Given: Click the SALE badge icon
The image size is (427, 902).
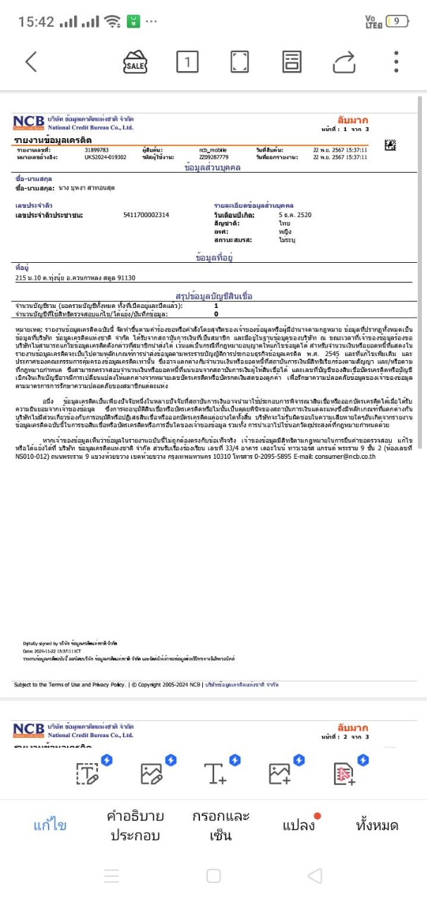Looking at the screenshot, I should tap(135, 62).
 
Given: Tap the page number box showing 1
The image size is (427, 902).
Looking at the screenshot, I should tap(187, 62).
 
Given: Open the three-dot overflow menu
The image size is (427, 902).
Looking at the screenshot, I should tap(397, 62).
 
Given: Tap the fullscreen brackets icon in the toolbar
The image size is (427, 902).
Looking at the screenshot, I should tap(240, 62).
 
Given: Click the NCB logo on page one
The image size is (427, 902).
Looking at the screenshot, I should tap(28, 123).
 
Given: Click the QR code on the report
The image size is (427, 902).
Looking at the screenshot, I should tap(390, 145).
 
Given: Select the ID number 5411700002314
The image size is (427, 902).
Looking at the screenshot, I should tap(146, 214).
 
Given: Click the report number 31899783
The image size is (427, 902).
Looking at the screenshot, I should tap(97, 150).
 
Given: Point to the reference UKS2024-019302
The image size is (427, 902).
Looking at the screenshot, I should tap(106, 157).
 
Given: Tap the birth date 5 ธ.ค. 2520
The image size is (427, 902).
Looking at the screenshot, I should tap(295, 214).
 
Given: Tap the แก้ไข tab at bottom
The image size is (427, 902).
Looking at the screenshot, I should tap(50, 825).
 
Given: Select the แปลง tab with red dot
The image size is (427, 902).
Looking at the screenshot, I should tap(299, 825).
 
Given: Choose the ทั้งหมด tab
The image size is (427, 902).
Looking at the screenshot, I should tap(377, 825).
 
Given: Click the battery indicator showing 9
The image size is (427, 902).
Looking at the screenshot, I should tap(397, 21).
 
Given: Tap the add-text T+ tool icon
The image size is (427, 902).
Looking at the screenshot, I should tap(215, 773).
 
